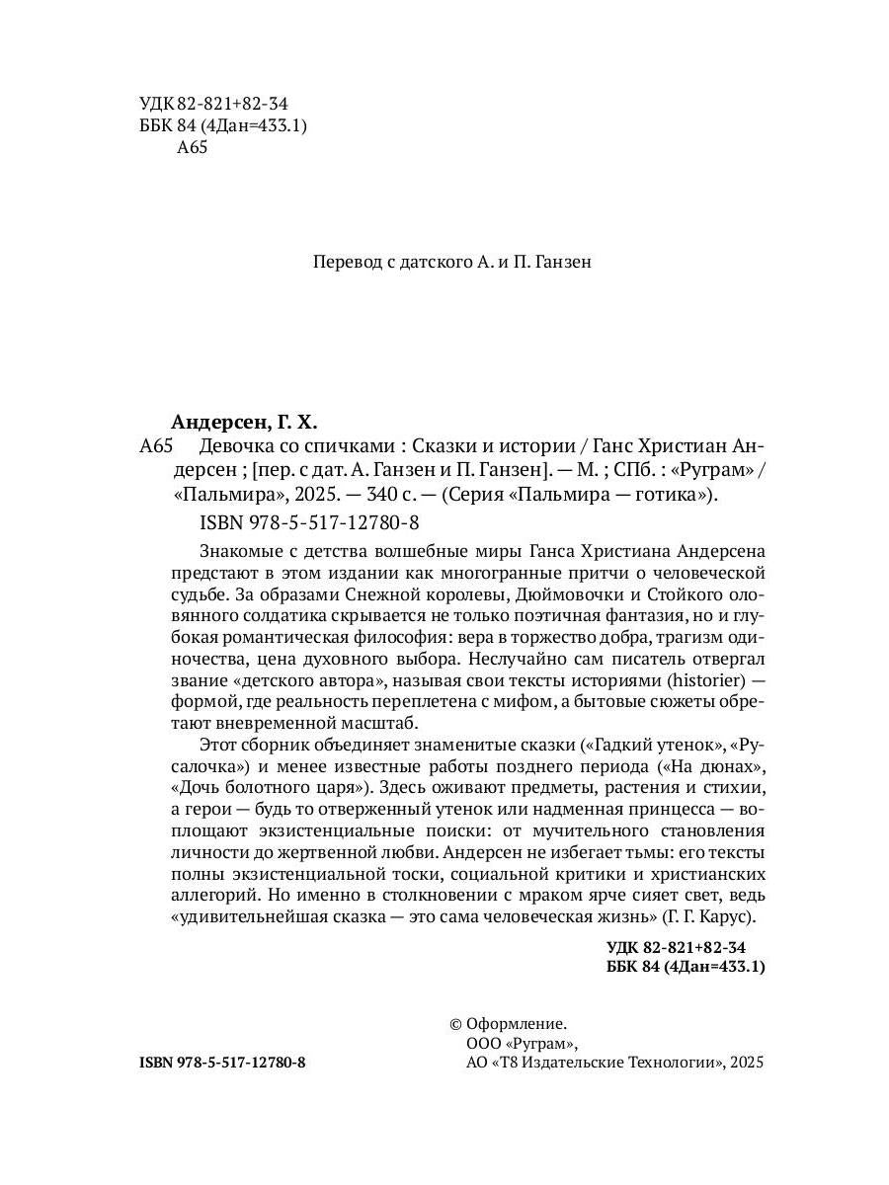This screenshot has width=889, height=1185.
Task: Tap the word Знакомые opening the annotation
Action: [238, 549]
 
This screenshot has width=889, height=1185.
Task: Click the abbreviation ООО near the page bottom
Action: [481, 1044]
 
